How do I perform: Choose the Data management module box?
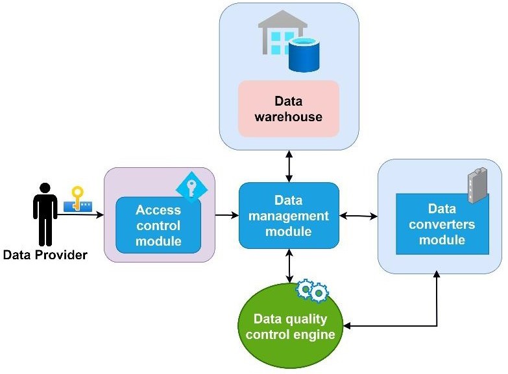(289, 215)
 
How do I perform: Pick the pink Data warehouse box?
(289, 108)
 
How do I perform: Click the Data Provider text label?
(45, 255)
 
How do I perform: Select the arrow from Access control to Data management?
(226, 214)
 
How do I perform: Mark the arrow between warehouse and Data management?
(289, 167)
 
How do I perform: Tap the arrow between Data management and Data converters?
(359, 215)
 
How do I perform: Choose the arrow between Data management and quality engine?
(289, 266)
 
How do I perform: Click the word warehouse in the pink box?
(289, 117)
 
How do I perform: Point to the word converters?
(442, 224)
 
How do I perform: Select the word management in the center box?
(289, 216)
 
